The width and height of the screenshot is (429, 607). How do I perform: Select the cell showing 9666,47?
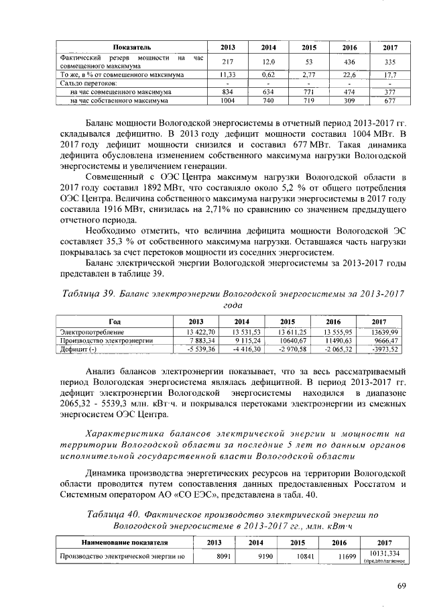386,341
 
